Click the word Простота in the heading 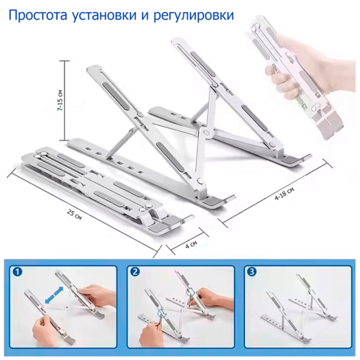point(38,15)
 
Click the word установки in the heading point(104,16)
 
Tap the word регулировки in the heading point(194,16)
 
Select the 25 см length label point(74,215)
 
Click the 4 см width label point(192,244)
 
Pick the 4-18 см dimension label point(284,194)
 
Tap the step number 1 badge point(18,272)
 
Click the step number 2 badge point(135,272)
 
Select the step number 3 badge point(252,272)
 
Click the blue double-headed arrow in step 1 point(54,295)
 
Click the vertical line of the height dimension point(64,101)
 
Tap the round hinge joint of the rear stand point(206,132)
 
